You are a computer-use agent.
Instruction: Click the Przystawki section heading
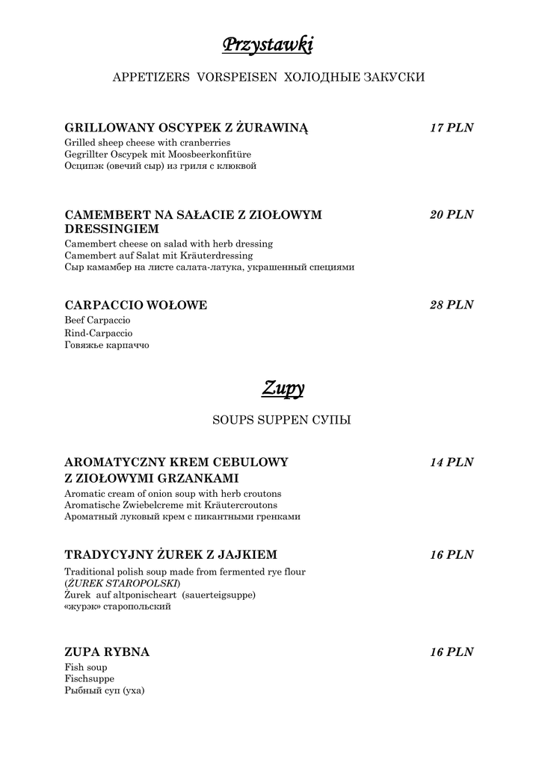268,46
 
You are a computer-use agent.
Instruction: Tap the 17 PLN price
452,128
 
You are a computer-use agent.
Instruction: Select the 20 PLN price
452,215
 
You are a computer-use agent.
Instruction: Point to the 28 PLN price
452,305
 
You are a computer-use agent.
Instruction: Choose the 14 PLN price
452,462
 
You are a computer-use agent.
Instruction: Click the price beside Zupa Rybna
452,652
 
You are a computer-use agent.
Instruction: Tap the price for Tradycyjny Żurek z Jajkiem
452,555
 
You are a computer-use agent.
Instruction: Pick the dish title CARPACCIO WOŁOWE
136,305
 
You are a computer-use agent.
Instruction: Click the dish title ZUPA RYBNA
107,652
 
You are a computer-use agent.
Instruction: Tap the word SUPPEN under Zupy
283,421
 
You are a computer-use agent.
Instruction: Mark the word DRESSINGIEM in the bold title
112,229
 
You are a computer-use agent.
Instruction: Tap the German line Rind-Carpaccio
99,332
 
